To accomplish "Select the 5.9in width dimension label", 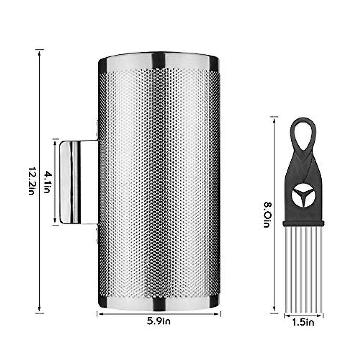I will (x=159, y=321).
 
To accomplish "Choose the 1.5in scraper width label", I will (x=303, y=323).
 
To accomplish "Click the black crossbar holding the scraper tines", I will (x=303, y=223).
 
